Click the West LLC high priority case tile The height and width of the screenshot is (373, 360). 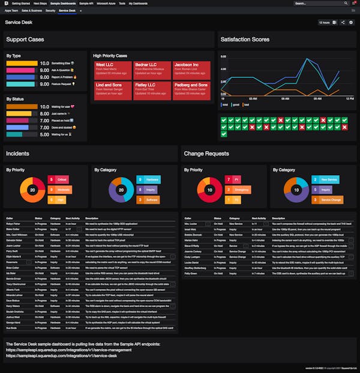click(x=111, y=68)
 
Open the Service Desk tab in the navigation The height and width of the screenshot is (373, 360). click(x=67, y=11)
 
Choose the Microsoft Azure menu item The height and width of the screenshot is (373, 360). click(x=106, y=3)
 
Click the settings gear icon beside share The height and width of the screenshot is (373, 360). click(x=352, y=22)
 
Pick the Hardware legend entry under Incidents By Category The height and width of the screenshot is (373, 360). click(x=149, y=179)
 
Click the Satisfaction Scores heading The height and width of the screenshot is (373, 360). click(x=245, y=39)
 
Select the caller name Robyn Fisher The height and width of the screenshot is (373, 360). click(x=13, y=223)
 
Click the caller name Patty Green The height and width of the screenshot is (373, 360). click(x=191, y=273)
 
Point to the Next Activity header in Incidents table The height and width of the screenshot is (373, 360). click(x=73, y=218)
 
